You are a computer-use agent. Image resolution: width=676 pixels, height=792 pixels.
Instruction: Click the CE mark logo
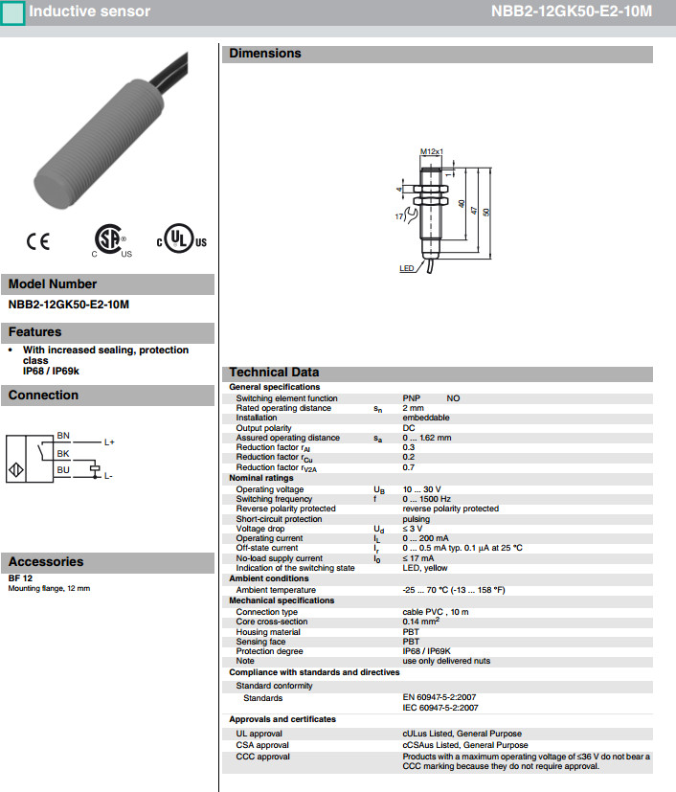click(38, 241)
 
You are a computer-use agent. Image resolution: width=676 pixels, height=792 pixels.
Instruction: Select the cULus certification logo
click(182, 241)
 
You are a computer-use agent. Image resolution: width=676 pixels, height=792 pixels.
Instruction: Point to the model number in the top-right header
click(585, 12)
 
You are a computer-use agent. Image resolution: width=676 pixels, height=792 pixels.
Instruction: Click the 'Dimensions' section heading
click(265, 54)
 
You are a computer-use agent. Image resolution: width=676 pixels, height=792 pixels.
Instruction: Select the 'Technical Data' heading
click(274, 373)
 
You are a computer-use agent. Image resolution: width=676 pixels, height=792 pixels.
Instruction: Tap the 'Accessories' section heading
click(44, 561)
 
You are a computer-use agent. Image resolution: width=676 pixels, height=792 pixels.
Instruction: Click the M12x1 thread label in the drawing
click(433, 151)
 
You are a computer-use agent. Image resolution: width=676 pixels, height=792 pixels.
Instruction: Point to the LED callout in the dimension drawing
click(406, 269)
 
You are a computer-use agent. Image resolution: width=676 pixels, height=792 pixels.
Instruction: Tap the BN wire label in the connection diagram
click(63, 435)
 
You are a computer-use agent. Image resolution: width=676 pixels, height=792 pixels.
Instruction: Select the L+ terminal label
click(109, 442)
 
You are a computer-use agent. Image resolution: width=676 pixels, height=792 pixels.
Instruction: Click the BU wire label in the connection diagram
click(62, 469)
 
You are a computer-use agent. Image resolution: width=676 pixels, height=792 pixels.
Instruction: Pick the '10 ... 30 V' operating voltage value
click(421, 489)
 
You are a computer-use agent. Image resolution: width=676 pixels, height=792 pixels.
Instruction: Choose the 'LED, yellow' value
click(424, 568)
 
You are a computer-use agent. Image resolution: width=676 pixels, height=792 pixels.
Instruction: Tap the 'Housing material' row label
click(268, 632)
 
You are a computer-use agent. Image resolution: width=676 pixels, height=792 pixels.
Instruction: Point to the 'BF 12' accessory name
click(20, 578)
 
